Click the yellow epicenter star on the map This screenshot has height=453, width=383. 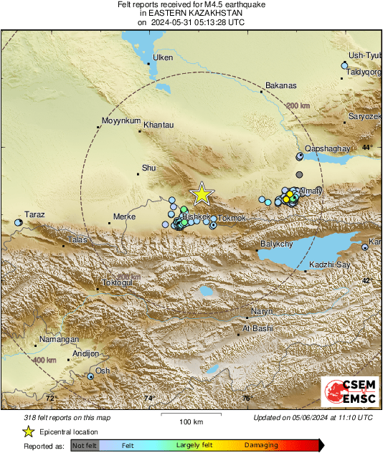(202, 194)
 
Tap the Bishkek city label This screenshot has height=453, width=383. (195, 216)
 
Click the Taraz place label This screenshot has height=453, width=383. (34, 214)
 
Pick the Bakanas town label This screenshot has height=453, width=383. (280, 86)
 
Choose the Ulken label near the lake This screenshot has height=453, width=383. (164, 57)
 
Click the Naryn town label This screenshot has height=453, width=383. (260, 312)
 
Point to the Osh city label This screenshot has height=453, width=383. (103, 371)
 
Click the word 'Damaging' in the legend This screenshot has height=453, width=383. (262, 445)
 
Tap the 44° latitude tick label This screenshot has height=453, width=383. (367, 147)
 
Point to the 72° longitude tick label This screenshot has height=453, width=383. (50, 398)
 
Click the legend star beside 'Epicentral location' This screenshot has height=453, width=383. (28, 431)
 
